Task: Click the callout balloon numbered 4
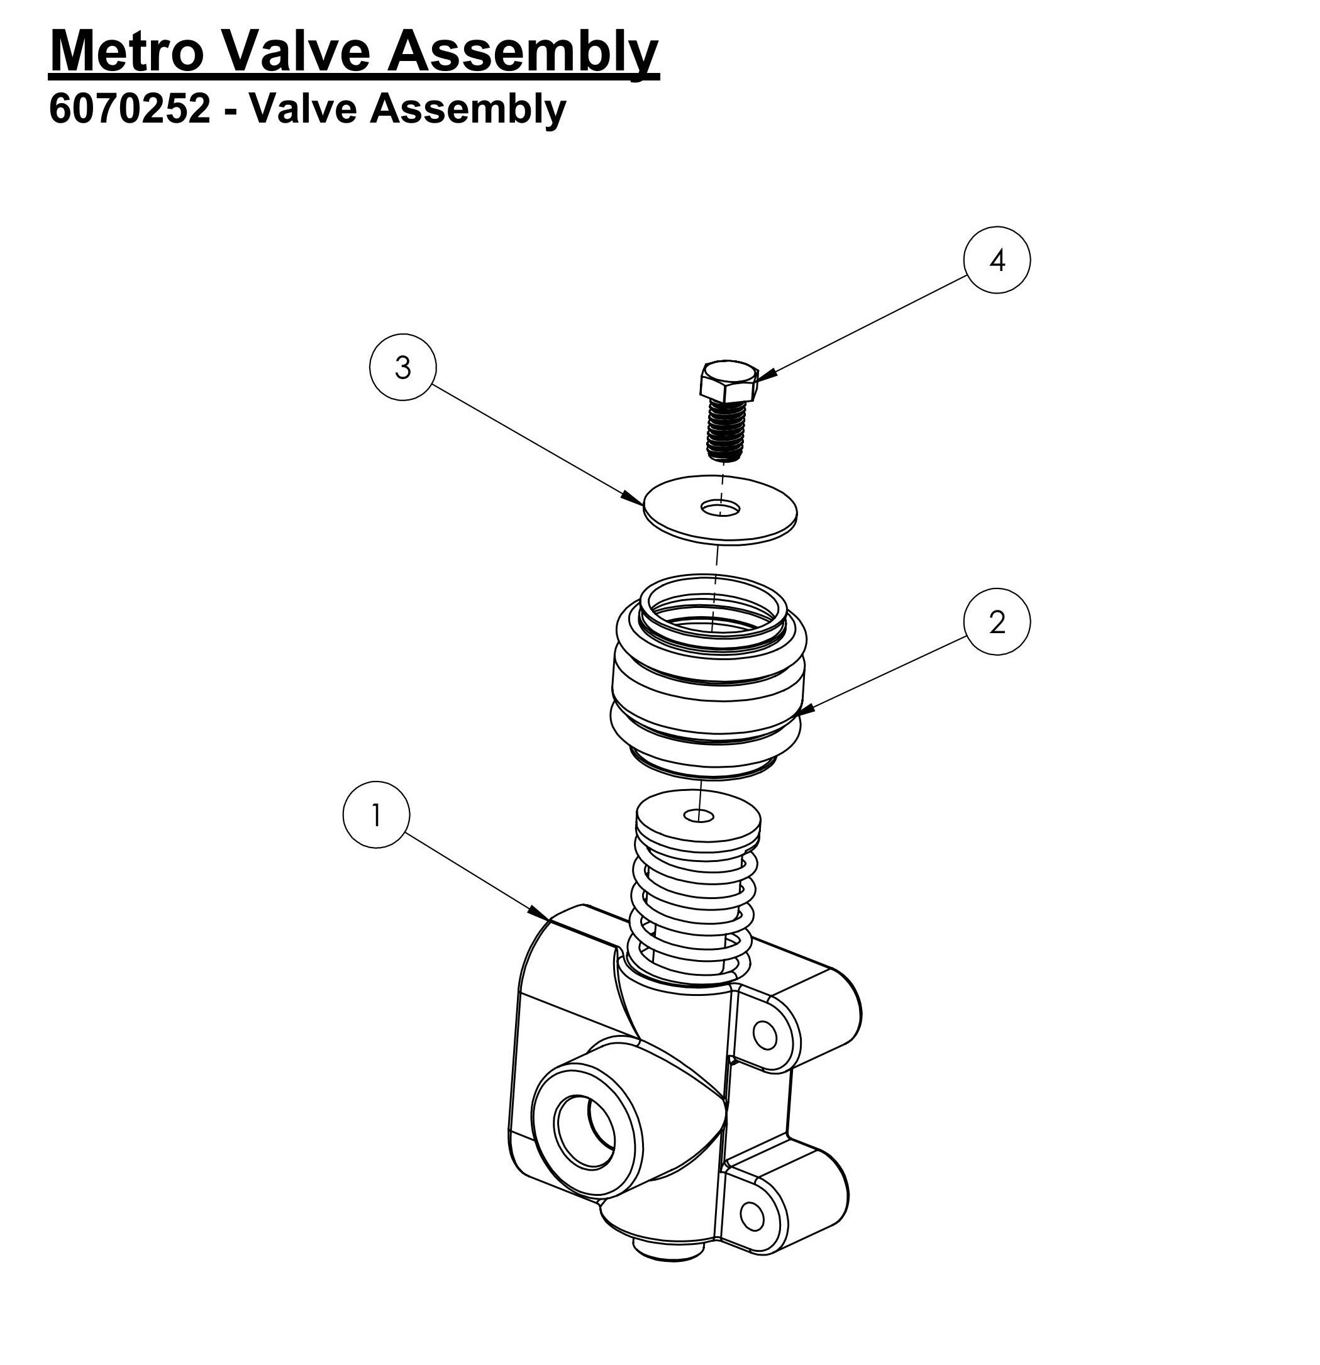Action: tap(996, 260)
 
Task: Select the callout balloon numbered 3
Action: tap(402, 367)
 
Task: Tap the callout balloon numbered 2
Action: tap(996, 621)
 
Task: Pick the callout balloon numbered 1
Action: tap(376, 814)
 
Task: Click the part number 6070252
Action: tap(130, 109)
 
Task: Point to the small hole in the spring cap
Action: tap(698, 815)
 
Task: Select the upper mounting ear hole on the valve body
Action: tap(765, 1036)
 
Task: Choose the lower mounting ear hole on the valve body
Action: tap(752, 1217)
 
